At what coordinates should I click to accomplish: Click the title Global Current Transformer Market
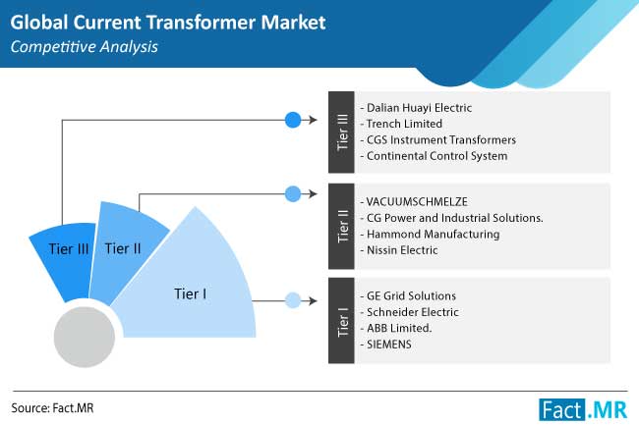pyautogui.click(x=168, y=23)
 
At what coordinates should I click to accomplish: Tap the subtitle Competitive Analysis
pyautogui.click(x=84, y=47)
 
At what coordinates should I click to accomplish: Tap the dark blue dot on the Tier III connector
pyautogui.click(x=293, y=120)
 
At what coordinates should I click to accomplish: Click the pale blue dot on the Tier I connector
pyautogui.click(x=293, y=300)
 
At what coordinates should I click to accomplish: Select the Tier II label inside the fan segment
pyautogui.click(x=123, y=248)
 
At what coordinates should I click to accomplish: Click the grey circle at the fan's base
pyautogui.click(x=85, y=337)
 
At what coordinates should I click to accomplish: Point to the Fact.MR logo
pyautogui.click(x=583, y=409)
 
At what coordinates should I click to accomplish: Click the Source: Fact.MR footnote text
pyautogui.click(x=52, y=408)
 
